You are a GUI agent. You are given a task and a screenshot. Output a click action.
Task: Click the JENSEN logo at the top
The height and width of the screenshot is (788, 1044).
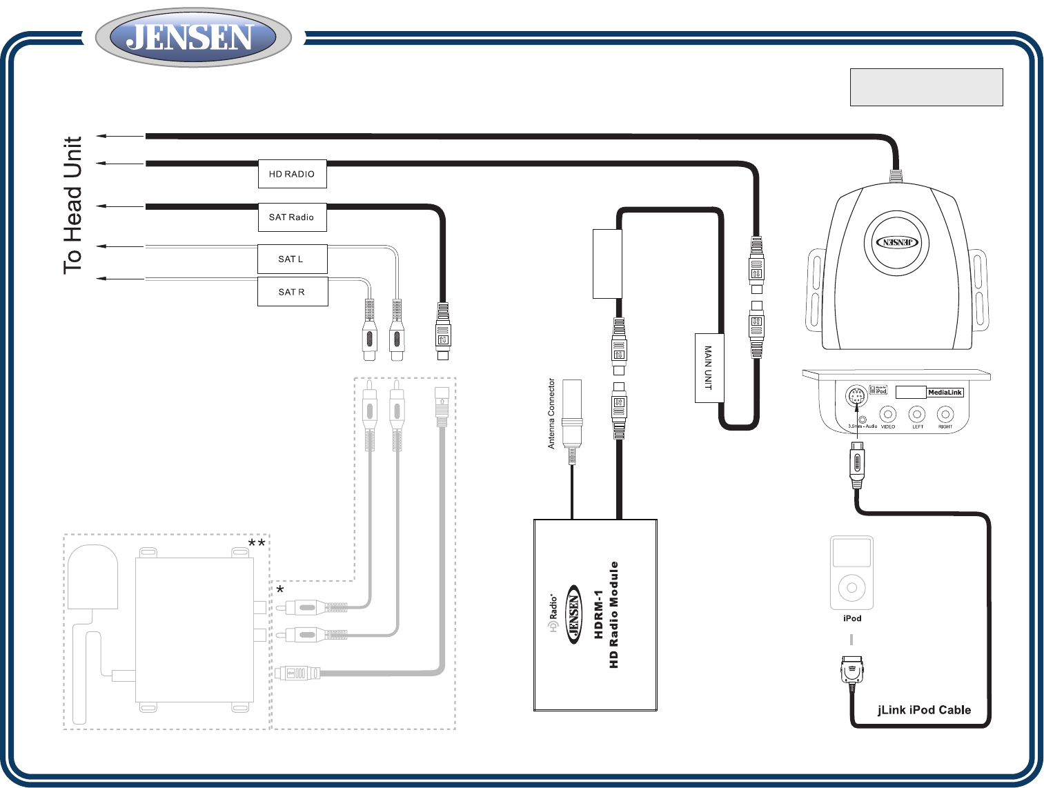[193, 37]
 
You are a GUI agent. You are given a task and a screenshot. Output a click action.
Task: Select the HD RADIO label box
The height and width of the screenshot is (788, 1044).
[292, 174]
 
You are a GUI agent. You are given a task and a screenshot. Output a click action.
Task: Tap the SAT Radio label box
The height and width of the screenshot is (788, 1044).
[292, 217]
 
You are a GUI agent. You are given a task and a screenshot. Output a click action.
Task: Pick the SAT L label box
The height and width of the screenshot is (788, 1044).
[292, 259]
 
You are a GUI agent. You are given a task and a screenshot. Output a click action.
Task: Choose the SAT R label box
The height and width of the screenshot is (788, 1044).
[292, 292]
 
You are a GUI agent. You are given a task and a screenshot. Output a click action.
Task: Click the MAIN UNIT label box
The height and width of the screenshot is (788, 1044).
[709, 368]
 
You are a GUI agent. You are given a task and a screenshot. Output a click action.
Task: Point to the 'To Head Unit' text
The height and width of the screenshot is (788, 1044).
[73, 205]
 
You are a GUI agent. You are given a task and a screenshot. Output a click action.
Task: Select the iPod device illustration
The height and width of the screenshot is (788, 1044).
[851, 573]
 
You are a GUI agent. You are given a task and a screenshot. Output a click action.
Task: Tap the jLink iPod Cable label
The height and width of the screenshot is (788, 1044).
[924, 710]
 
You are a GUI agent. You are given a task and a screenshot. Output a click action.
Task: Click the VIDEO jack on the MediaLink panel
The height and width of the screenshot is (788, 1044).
[888, 415]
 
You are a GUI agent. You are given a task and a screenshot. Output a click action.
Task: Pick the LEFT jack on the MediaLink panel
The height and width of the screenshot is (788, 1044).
[917, 415]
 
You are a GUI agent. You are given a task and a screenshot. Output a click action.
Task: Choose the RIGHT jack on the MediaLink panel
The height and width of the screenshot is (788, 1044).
[945, 415]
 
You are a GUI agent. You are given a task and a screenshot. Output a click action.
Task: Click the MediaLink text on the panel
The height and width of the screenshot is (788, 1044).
[945, 393]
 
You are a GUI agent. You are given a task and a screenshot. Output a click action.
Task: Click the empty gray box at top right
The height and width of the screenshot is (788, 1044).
[926, 87]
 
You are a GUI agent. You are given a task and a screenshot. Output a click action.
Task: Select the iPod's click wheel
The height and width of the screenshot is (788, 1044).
[851, 588]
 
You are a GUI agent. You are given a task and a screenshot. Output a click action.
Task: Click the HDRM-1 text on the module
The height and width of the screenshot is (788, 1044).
[598, 614]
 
